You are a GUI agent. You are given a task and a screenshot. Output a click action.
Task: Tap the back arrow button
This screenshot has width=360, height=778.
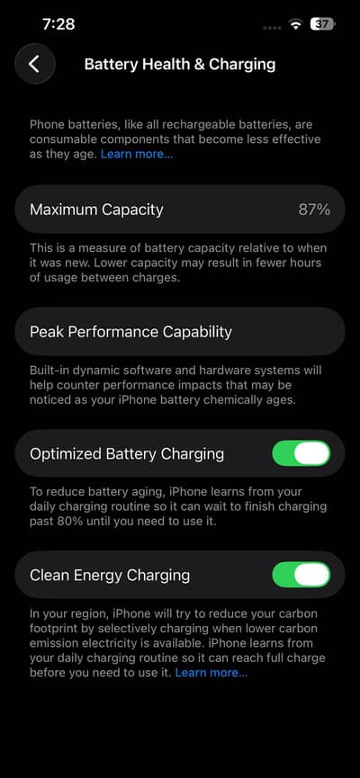tap(34, 64)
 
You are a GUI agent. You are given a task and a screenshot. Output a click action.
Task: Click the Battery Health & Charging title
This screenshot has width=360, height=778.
tap(179, 64)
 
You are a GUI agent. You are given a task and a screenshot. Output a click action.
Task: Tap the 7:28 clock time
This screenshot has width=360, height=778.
tap(58, 24)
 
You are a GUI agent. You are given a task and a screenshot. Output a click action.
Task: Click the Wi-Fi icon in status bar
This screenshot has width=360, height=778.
tap(295, 25)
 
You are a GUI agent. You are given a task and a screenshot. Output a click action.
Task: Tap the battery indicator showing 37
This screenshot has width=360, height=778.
tap(322, 24)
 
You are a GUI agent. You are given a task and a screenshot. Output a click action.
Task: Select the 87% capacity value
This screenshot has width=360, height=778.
tap(314, 210)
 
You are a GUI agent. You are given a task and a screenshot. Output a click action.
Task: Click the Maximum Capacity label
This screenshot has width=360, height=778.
tap(96, 210)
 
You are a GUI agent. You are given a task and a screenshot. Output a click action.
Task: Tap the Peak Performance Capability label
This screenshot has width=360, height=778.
tap(130, 331)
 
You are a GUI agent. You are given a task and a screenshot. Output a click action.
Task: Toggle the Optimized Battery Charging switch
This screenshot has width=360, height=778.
tap(301, 453)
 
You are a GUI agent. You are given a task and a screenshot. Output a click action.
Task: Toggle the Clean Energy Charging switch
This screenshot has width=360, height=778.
tap(301, 575)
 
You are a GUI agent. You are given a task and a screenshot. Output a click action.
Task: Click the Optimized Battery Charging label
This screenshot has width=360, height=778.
tap(127, 453)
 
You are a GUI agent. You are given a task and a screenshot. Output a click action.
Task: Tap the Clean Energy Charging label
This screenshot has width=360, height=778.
tap(110, 575)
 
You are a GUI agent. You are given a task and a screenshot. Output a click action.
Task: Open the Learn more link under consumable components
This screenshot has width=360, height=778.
tap(137, 155)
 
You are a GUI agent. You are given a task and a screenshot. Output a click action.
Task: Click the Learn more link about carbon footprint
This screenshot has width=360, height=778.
tap(211, 673)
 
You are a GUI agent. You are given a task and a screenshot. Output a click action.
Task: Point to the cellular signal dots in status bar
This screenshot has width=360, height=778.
tap(271, 27)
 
